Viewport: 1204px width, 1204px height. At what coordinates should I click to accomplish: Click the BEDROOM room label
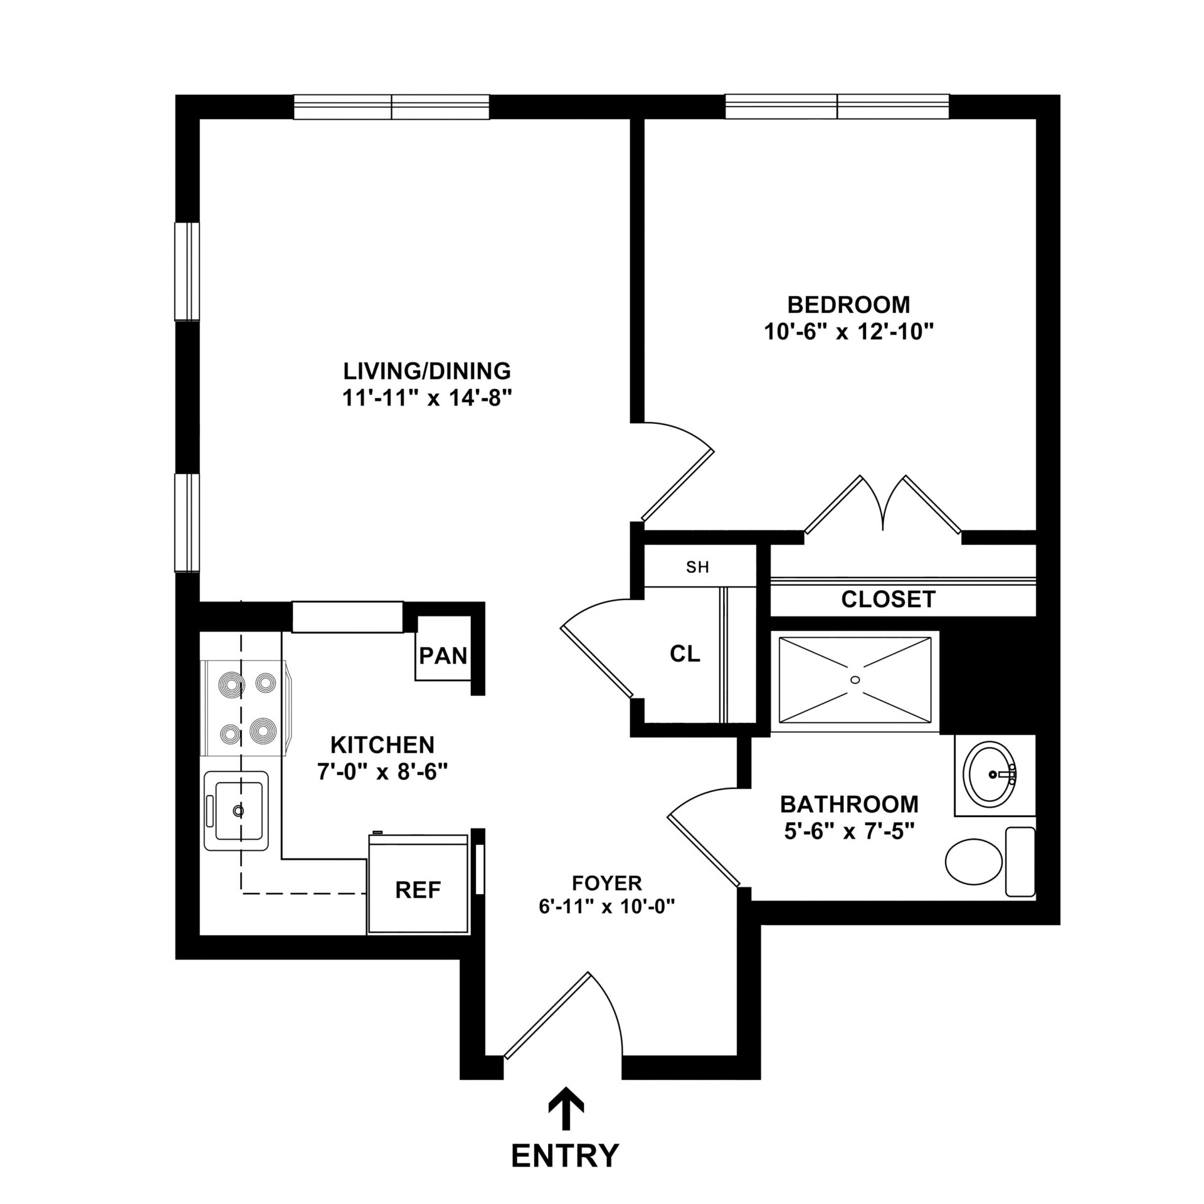click(848, 305)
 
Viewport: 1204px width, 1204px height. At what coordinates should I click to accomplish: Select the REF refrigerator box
click(418, 889)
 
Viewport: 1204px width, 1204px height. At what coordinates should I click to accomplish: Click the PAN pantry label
click(443, 656)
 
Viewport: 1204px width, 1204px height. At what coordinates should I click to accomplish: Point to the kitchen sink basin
click(238, 810)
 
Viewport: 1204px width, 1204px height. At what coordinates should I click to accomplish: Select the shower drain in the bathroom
click(855, 680)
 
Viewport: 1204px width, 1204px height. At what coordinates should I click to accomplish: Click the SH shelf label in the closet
click(697, 568)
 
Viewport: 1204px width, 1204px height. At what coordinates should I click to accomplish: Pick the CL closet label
click(684, 654)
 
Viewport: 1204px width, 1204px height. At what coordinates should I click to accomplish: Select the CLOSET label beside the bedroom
click(888, 599)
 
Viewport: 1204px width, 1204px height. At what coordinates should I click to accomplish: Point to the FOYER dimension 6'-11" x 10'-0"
click(606, 907)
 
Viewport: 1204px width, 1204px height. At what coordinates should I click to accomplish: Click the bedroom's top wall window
click(837, 107)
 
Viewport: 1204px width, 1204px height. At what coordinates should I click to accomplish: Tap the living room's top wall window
click(391, 107)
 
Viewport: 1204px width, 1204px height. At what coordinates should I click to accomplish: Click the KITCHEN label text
click(382, 745)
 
